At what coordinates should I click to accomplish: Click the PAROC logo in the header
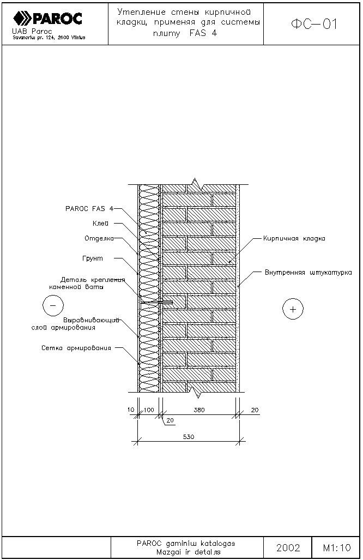coord(48,19)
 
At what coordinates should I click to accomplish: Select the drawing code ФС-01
coord(314,24)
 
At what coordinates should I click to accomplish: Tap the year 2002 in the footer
coord(288,547)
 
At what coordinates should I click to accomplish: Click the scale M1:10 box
coord(336,547)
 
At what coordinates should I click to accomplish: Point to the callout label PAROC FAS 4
coord(89,208)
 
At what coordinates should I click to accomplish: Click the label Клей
coord(99,223)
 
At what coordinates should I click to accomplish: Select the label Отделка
coord(99,238)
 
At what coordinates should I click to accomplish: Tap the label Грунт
coord(93,258)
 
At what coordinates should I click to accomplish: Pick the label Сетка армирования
coord(76,348)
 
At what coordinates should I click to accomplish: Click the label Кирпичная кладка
coord(294,239)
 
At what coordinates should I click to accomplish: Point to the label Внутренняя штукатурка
coord(308,272)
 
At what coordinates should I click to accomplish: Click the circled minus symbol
coord(53,306)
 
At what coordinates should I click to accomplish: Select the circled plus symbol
coord(293,309)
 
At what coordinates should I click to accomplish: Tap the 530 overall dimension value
coord(188,437)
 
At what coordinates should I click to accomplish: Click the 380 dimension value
coord(199,410)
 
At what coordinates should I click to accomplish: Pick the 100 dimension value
coord(149,410)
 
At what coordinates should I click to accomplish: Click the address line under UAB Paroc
coord(48,38)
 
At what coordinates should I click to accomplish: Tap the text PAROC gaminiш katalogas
coord(186,544)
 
